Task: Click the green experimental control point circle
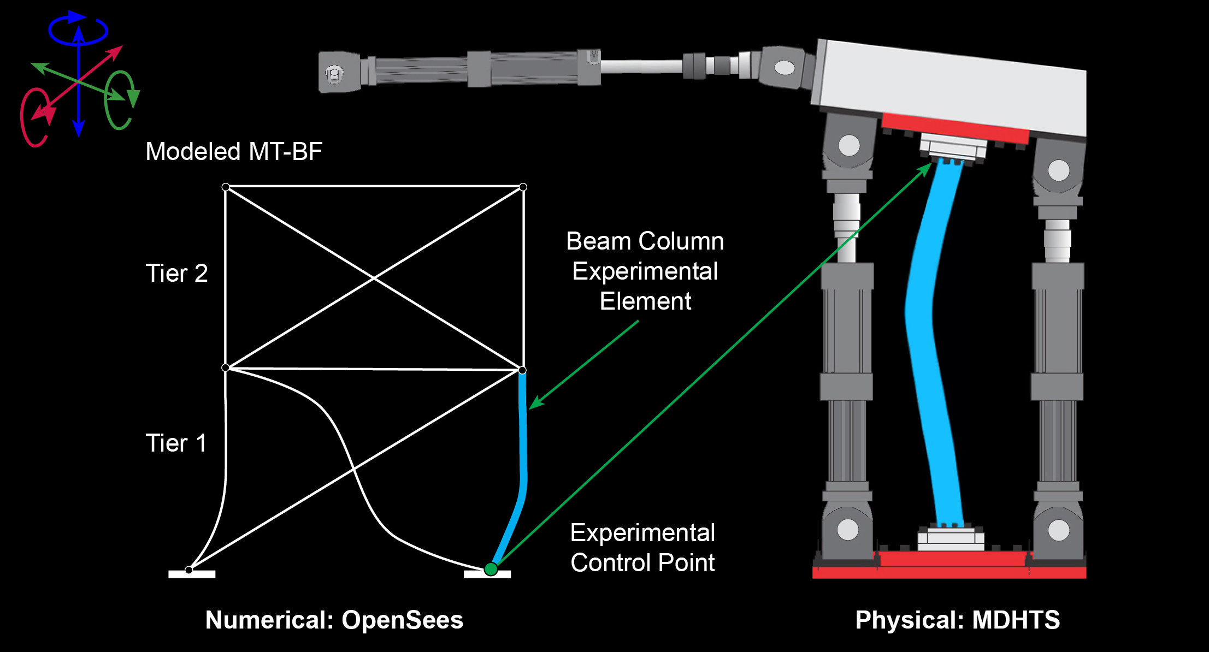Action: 491,570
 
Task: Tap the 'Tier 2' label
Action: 176,273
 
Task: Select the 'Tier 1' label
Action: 176,443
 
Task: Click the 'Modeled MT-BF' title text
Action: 234,151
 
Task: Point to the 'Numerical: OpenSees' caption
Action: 334,620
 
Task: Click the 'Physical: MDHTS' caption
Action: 957,620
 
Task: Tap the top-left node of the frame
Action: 226,187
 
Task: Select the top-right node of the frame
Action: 523,187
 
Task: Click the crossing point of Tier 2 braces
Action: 374,278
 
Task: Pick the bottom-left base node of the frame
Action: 188,570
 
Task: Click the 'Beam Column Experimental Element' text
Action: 645,271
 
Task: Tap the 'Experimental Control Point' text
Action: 642,547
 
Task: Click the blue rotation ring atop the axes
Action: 78,30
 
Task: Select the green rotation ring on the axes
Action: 119,100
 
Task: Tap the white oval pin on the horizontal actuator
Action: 785,68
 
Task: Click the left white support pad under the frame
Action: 192,574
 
